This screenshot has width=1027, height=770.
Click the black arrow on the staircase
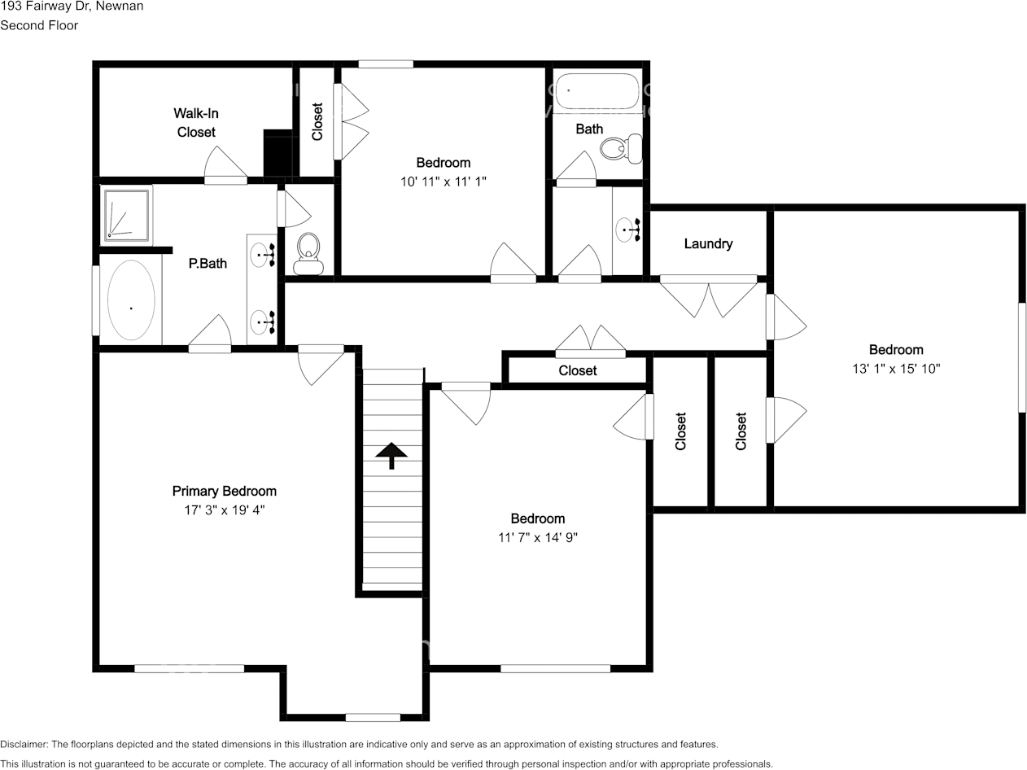pos(391,455)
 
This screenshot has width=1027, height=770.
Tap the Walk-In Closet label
pos(196,122)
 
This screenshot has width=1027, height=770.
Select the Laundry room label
pos(708,243)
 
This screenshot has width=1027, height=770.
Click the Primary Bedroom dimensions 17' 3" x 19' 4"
pos(225,510)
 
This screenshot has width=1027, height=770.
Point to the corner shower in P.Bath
pos(127,215)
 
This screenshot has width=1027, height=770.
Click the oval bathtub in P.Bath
pos(131,300)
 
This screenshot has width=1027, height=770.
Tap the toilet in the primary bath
pos(308,254)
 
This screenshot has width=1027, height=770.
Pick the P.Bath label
pos(208,263)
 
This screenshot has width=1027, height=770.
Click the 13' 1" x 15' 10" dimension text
pos(896,369)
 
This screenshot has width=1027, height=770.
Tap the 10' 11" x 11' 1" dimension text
pos(443,182)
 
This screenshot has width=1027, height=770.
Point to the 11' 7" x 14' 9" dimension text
pos(537,537)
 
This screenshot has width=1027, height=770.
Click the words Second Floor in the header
pos(39,25)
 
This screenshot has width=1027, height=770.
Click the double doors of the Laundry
pos(708,296)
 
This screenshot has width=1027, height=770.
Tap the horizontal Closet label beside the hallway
pos(578,370)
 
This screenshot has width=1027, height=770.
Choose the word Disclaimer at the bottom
pos(24,744)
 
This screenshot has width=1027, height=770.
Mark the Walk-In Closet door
pos(225,167)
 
